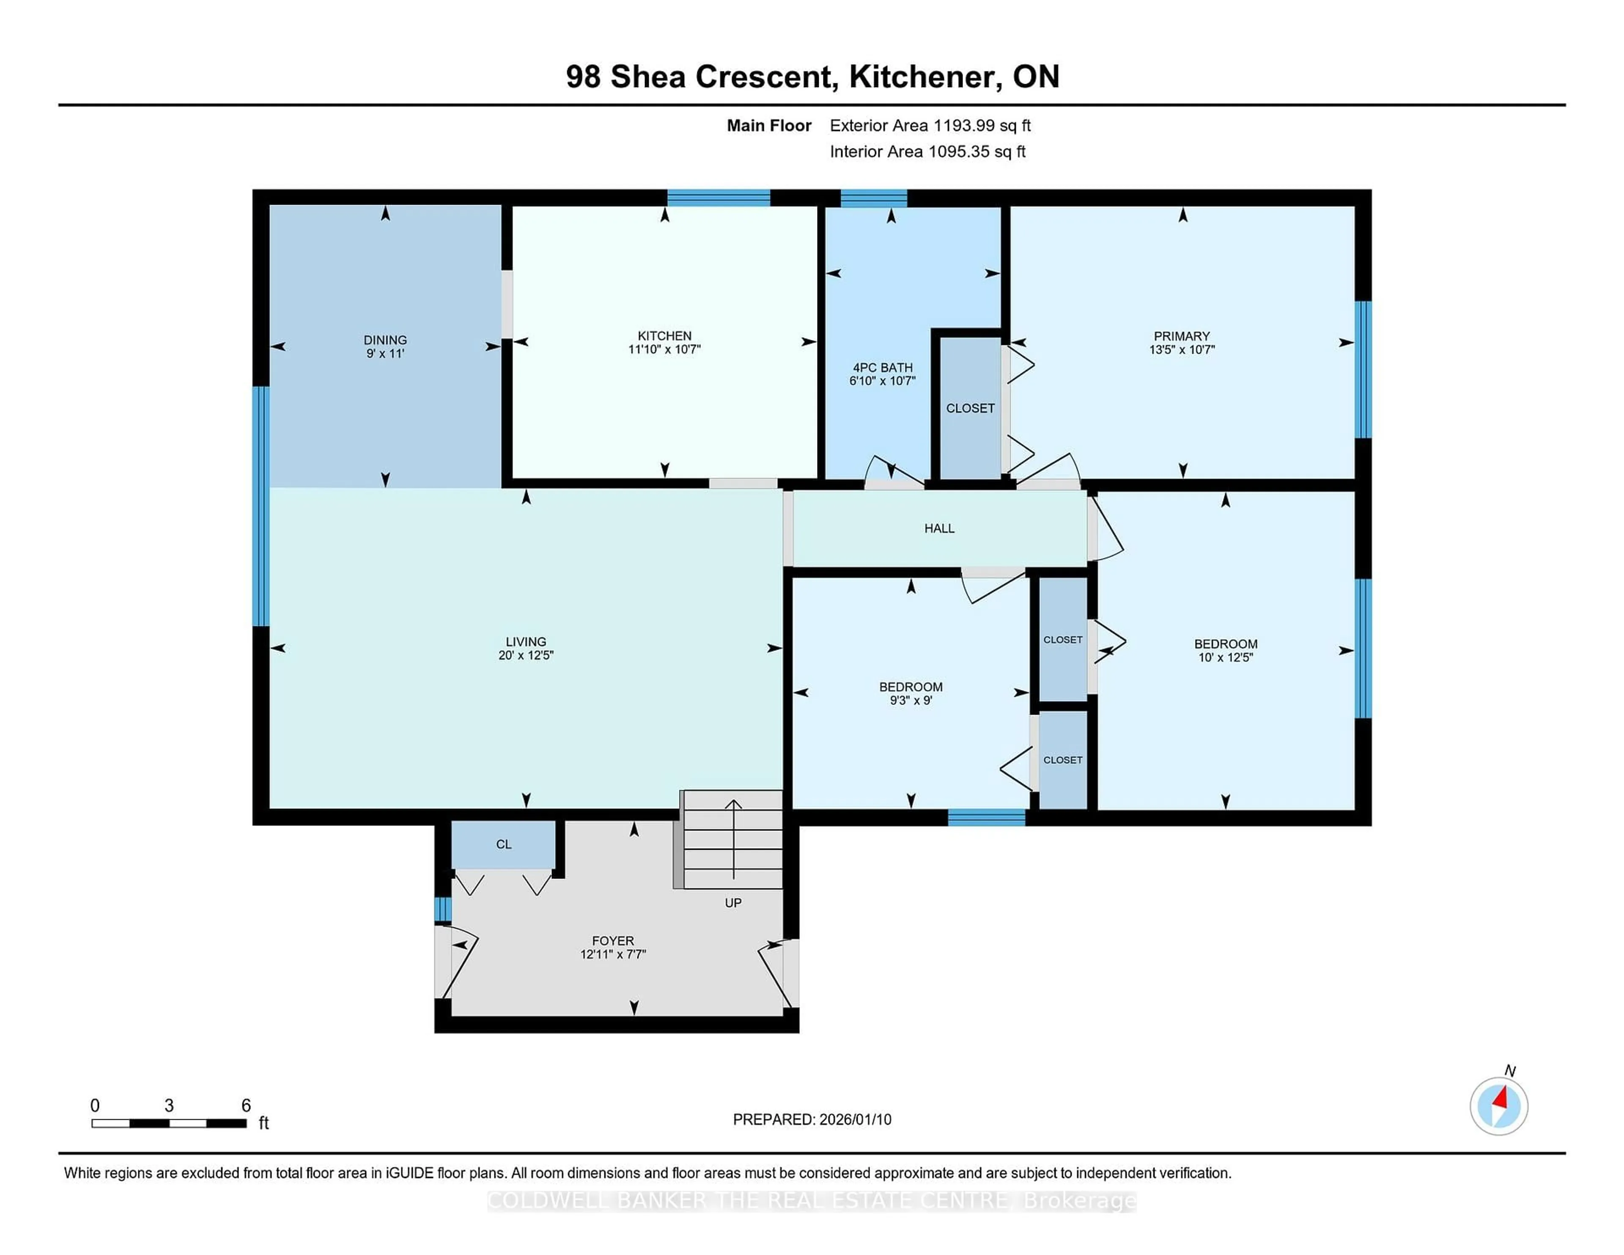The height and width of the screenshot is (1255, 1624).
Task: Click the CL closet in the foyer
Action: click(503, 844)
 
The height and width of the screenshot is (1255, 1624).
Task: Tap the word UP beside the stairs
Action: click(733, 903)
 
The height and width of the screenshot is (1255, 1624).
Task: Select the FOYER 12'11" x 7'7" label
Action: click(613, 947)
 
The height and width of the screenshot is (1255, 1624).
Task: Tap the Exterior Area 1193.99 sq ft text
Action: click(930, 126)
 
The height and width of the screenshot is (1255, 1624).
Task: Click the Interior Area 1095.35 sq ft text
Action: click(927, 152)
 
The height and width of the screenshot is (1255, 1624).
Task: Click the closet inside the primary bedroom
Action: click(971, 408)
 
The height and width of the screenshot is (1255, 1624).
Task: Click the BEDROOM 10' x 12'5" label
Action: click(1226, 651)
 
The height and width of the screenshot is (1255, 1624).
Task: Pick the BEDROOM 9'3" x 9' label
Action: click(911, 693)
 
